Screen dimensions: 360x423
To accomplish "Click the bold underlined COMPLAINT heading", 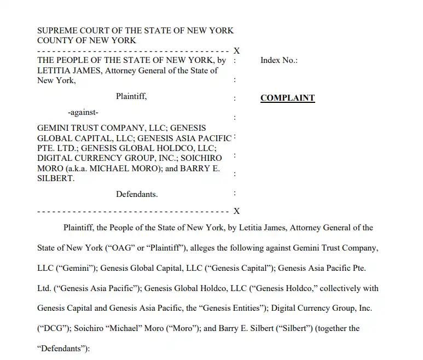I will coord(287,98).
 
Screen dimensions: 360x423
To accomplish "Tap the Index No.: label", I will coord(279,60).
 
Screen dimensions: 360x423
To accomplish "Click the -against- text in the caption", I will coord(83,113).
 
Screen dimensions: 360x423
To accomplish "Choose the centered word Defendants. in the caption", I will coord(137,194).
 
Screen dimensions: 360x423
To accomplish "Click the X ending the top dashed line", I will coord(236,51).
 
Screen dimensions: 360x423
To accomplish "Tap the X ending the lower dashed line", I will coord(236,211).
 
